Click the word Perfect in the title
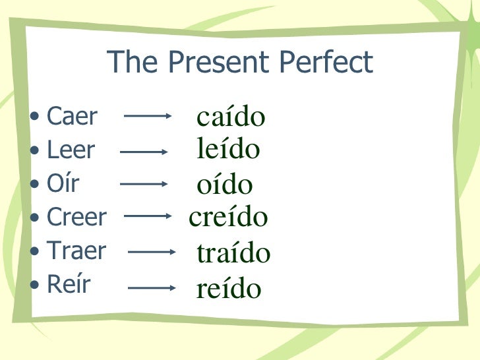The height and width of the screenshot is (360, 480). pos(324,63)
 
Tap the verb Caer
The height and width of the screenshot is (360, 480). pos(72,117)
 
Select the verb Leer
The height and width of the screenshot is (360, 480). pos(71,150)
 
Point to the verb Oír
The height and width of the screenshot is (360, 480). pos(63,183)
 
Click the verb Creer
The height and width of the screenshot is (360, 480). pos(76,216)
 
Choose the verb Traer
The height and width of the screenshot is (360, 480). pos(76,250)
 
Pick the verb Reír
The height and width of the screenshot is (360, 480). pos(69,284)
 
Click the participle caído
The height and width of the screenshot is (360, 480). pos(231,117)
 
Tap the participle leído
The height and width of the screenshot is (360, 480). pos(228,150)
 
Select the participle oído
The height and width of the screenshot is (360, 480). pos(224,185)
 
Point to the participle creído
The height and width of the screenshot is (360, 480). pos(228,216)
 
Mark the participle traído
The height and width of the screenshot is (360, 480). pos(233,253)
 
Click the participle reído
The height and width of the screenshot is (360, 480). pos(229,288)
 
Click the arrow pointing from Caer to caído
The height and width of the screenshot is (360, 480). pos(148,117)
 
